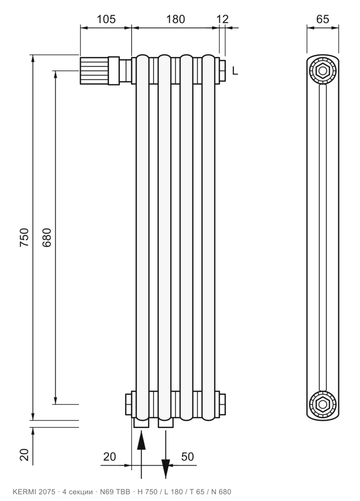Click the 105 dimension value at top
[106, 19]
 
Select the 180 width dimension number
[176, 19]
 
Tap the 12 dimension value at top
[223, 19]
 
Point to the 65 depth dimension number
[322, 19]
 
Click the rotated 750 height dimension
[24, 237]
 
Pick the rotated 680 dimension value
[46, 237]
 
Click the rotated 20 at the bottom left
[24, 455]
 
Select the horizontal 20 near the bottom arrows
[109, 456]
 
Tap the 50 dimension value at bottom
[187, 456]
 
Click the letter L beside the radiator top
[235, 71]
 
